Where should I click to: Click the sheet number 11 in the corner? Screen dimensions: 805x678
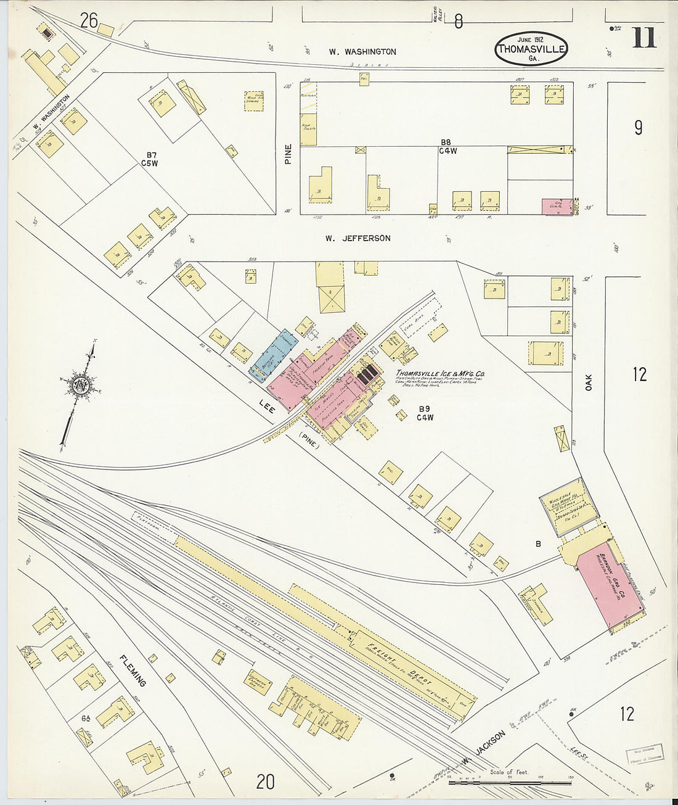(643, 38)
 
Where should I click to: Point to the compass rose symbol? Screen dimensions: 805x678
(81, 387)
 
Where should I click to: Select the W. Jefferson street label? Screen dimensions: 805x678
(357, 238)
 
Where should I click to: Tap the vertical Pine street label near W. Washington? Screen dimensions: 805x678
(288, 154)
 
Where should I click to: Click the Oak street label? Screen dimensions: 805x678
(589, 382)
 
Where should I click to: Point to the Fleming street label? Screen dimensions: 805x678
(133, 671)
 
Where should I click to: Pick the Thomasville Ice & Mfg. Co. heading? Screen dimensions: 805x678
(440, 374)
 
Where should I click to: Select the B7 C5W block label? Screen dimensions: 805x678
(149, 159)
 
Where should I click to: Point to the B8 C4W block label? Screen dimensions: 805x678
(447, 146)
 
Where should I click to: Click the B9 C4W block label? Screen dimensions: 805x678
(425, 413)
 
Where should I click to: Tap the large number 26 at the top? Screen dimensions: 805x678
(89, 21)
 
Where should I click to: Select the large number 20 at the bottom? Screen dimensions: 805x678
(265, 782)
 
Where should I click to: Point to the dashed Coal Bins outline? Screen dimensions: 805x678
(419, 319)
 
